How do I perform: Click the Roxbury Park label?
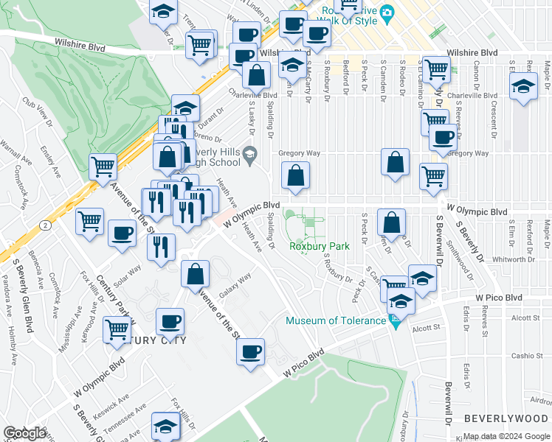(319, 246)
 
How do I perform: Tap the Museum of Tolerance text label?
(336, 320)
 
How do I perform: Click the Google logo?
(24, 433)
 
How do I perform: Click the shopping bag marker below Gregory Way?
(295, 177)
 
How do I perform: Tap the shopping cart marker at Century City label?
(117, 330)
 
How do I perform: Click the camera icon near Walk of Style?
(387, 11)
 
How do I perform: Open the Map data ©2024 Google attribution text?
(506, 436)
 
